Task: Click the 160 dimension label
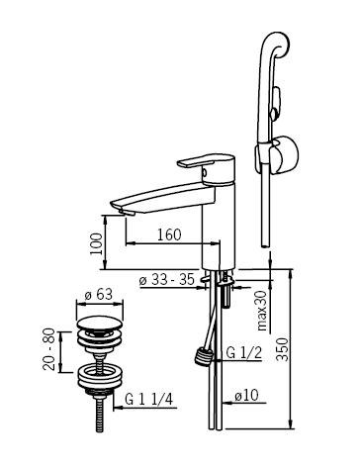point(169,234)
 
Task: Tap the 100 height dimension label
point(97,243)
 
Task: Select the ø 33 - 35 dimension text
point(167,280)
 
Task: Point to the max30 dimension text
point(262,311)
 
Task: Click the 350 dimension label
point(282,349)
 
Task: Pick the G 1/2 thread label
point(244,353)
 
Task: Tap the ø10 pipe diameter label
point(246,395)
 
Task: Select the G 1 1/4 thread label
point(149,400)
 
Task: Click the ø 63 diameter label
point(99,294)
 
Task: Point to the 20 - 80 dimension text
point(48,349)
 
